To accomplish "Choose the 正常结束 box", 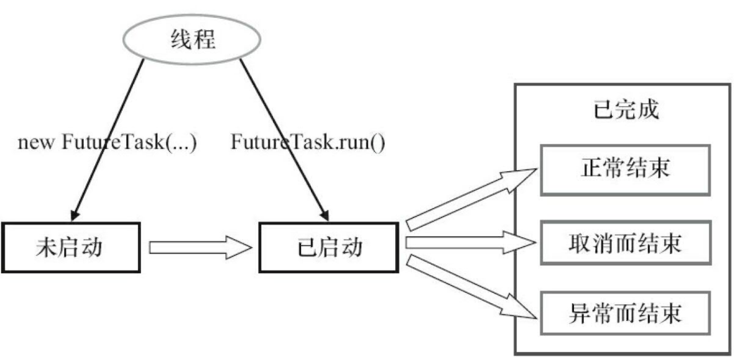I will pyautogui.click(x=625, y=170).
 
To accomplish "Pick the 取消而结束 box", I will pyautogui.click(x=625, y=242).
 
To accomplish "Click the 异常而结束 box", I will pyautogui.click(x=625, y=313).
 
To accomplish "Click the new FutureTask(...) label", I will pyautogui.click(x=107, y=142).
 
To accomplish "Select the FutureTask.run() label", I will pyautogui.click(x=308, y=142).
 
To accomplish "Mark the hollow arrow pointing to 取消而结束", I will pyautogui.click(x=470, y=242).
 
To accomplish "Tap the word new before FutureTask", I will pyautogui.click(x=36, y=142).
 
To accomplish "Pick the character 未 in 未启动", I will pyautogui.click(x=46, y=247).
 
